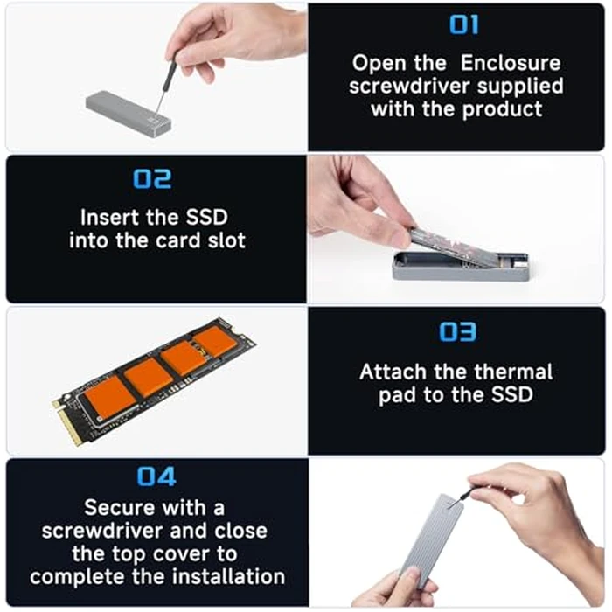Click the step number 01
463,25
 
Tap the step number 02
152,179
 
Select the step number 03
457,332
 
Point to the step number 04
156,476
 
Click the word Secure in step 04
122,507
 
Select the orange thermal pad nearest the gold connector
108,397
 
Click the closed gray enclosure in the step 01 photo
128,112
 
